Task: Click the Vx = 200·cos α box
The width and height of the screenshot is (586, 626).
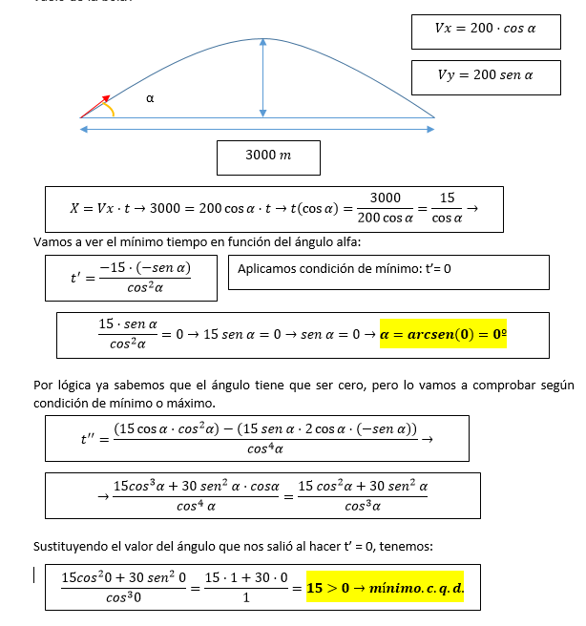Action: pos(485,30)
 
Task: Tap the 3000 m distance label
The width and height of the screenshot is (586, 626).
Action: pos(268,156)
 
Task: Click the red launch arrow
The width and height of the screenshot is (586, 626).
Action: pos(95,106)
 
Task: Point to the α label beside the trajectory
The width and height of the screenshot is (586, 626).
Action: pos(149,97)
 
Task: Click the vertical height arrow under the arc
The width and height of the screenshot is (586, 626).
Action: pos(262,78)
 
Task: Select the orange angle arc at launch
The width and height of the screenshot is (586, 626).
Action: pos(112,109)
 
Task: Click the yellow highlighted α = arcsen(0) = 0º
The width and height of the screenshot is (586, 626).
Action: pos(450,334)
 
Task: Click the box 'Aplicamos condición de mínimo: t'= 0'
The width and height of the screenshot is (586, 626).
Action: pos(388,270)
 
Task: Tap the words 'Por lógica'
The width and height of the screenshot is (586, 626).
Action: pos(65,386)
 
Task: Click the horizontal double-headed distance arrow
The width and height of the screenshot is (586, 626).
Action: pos(258,129)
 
